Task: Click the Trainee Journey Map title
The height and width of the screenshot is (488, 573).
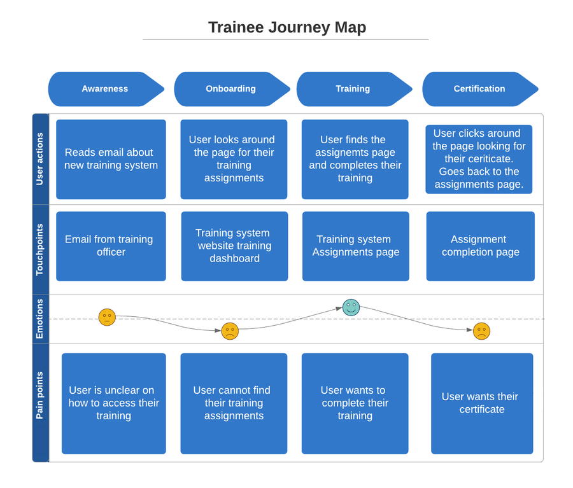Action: pos(286,27)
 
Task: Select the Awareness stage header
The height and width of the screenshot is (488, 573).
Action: pos(105,89)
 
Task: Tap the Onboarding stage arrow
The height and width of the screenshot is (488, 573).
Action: pos(230,89)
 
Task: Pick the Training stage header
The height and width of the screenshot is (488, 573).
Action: pos(353,89)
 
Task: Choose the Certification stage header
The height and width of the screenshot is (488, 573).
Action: pos(479,89)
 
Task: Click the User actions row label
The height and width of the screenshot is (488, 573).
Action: pos(40,159)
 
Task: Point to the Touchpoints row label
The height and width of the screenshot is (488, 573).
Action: pos(40,249)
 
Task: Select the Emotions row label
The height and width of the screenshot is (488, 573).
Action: pos(40,319)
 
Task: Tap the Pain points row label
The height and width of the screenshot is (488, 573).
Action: pos(40,396)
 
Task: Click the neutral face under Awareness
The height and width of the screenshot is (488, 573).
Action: pos(107,317)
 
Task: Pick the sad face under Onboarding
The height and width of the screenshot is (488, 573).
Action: pos(230,331)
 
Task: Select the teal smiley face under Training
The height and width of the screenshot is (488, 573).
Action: pos(351,307)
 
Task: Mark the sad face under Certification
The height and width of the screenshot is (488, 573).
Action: pos(481,331)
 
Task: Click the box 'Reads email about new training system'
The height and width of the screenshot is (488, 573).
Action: pos(111,159)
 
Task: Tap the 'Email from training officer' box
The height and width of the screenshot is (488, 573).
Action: pos(111,246)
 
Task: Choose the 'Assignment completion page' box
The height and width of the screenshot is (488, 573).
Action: pos(480,246)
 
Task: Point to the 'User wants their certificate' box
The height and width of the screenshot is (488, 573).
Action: pos(481,403)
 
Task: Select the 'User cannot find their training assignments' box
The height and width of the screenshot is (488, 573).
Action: pos(234,403)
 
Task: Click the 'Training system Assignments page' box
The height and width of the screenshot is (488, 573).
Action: pos(355,246)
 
